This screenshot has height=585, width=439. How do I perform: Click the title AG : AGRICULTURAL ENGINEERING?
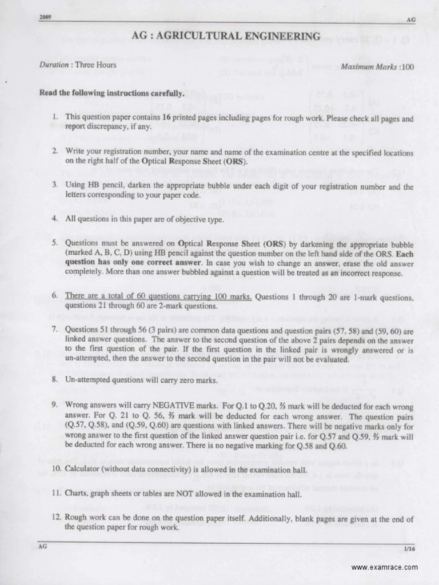click(226, 37)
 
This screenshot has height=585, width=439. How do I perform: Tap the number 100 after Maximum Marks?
click(408, 67)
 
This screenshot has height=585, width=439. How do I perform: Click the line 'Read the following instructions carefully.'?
click(111, 93)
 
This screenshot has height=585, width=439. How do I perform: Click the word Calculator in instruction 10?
click(83, 470)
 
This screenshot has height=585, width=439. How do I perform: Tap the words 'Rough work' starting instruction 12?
click(85, 518)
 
